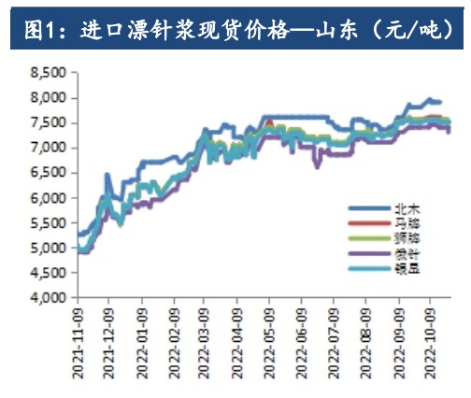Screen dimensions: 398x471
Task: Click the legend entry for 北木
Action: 386,210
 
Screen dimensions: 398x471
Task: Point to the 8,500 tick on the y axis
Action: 46,72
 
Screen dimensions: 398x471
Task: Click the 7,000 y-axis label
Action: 46,148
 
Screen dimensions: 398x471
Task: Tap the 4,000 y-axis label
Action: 46,298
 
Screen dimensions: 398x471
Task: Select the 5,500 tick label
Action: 46,223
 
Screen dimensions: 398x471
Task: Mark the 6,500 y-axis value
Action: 46,173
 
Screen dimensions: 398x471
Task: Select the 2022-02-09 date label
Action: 174,343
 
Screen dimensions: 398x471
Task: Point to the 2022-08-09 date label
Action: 368,343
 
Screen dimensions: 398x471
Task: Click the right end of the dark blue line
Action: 440,102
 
